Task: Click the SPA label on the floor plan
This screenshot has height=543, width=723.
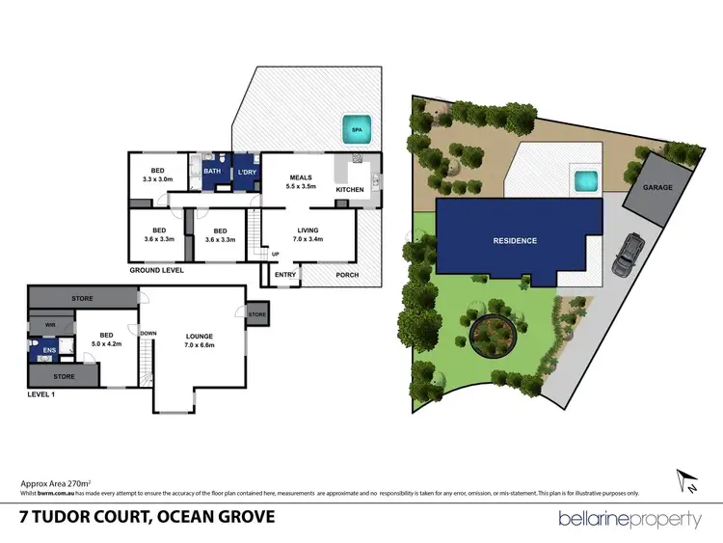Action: click(356, 128)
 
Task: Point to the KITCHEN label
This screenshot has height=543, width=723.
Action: click(350, 189)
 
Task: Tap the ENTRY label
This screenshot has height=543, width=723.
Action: click(285, 275)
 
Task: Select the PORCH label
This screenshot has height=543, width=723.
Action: click(347, 275)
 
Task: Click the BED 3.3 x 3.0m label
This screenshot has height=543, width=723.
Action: click(157, 174)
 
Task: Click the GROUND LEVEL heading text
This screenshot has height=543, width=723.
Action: click(156, 271)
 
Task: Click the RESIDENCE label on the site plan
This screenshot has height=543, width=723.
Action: click(515, 240)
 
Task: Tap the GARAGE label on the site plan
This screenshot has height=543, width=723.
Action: click(658, 186)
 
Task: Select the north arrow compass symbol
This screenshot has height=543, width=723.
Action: click(684, 477)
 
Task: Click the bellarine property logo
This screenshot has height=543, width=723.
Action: click(629, 519)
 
